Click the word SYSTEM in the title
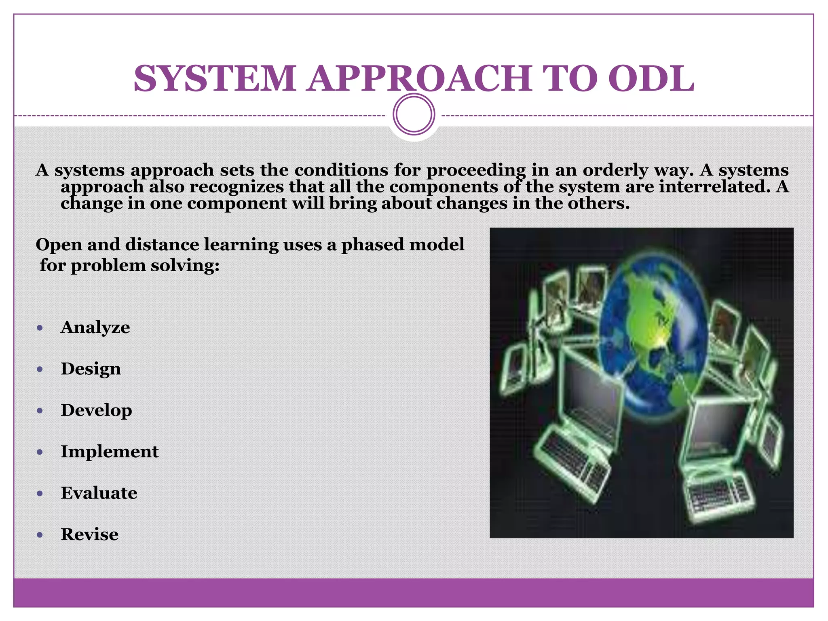(x=215, y=78)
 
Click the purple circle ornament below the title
(x=414, y=114)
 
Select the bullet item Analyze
(x=95, y=327)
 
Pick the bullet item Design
(x=91, y=369)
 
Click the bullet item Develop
(x=96, y=410)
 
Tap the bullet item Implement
(x=110, y=451)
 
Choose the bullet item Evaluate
(x=99, y=493)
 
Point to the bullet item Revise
(x=89, y=534)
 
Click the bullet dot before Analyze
(x=40, y=328)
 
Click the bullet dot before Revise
(x=40, y=535)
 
